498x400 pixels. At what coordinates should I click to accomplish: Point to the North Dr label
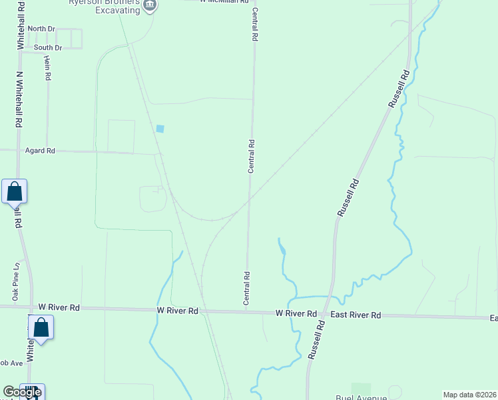(41, 29)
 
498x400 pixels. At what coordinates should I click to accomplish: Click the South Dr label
(48, 48)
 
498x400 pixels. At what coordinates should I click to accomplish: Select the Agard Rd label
(40, 151)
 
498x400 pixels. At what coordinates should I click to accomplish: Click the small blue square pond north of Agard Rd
(160, 129)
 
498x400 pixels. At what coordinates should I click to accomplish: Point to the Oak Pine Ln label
(15, 280)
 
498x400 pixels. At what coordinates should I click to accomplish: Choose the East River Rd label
(356, 315)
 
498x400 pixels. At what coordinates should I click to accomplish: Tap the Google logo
(22, 392)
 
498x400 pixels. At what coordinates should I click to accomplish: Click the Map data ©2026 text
(469, 395)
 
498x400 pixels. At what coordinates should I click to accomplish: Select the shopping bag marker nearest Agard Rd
(15, 192)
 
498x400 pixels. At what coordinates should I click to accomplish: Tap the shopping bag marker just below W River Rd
(41, 328)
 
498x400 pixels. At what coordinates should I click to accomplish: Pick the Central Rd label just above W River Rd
(247, 289)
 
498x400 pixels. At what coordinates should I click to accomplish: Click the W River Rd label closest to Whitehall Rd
(59, 307)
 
